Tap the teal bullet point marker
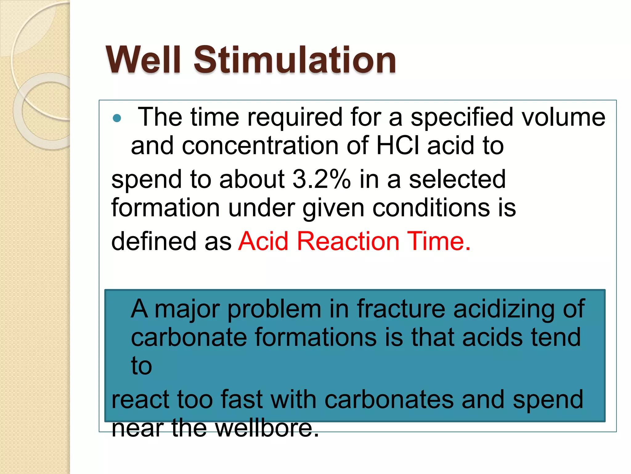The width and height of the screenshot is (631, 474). (117, 118)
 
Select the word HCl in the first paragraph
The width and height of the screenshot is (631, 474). (398, 146)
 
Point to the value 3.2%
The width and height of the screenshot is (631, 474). (322, 179)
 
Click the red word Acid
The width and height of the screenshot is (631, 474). (263, 241)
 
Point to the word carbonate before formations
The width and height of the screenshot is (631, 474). (189, 337)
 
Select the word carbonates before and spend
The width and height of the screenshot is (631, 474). (389, 400)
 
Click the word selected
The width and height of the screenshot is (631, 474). (457, 179)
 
